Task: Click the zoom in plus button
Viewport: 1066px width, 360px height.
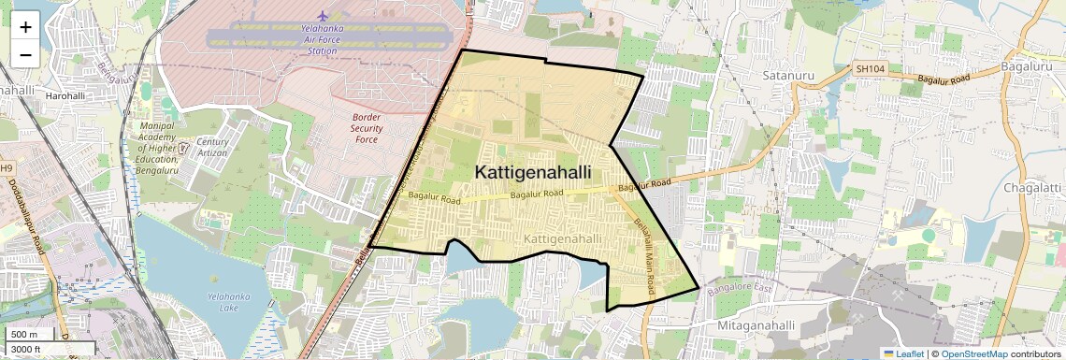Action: point(25,26)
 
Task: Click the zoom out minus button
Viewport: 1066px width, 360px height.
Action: point(25,54)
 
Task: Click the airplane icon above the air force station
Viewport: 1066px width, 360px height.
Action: point(324,16)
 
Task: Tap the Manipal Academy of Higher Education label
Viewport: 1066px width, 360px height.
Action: point(158,146)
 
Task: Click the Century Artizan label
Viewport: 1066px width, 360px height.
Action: point(212,147)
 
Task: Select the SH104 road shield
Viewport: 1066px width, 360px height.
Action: point(870,69)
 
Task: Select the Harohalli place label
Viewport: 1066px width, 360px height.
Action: point(65,95)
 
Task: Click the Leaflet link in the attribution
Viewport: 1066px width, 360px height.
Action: point(904,353)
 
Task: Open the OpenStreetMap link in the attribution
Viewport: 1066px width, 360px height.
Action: point(973,353)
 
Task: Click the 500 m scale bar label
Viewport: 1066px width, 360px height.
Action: point(24,335)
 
